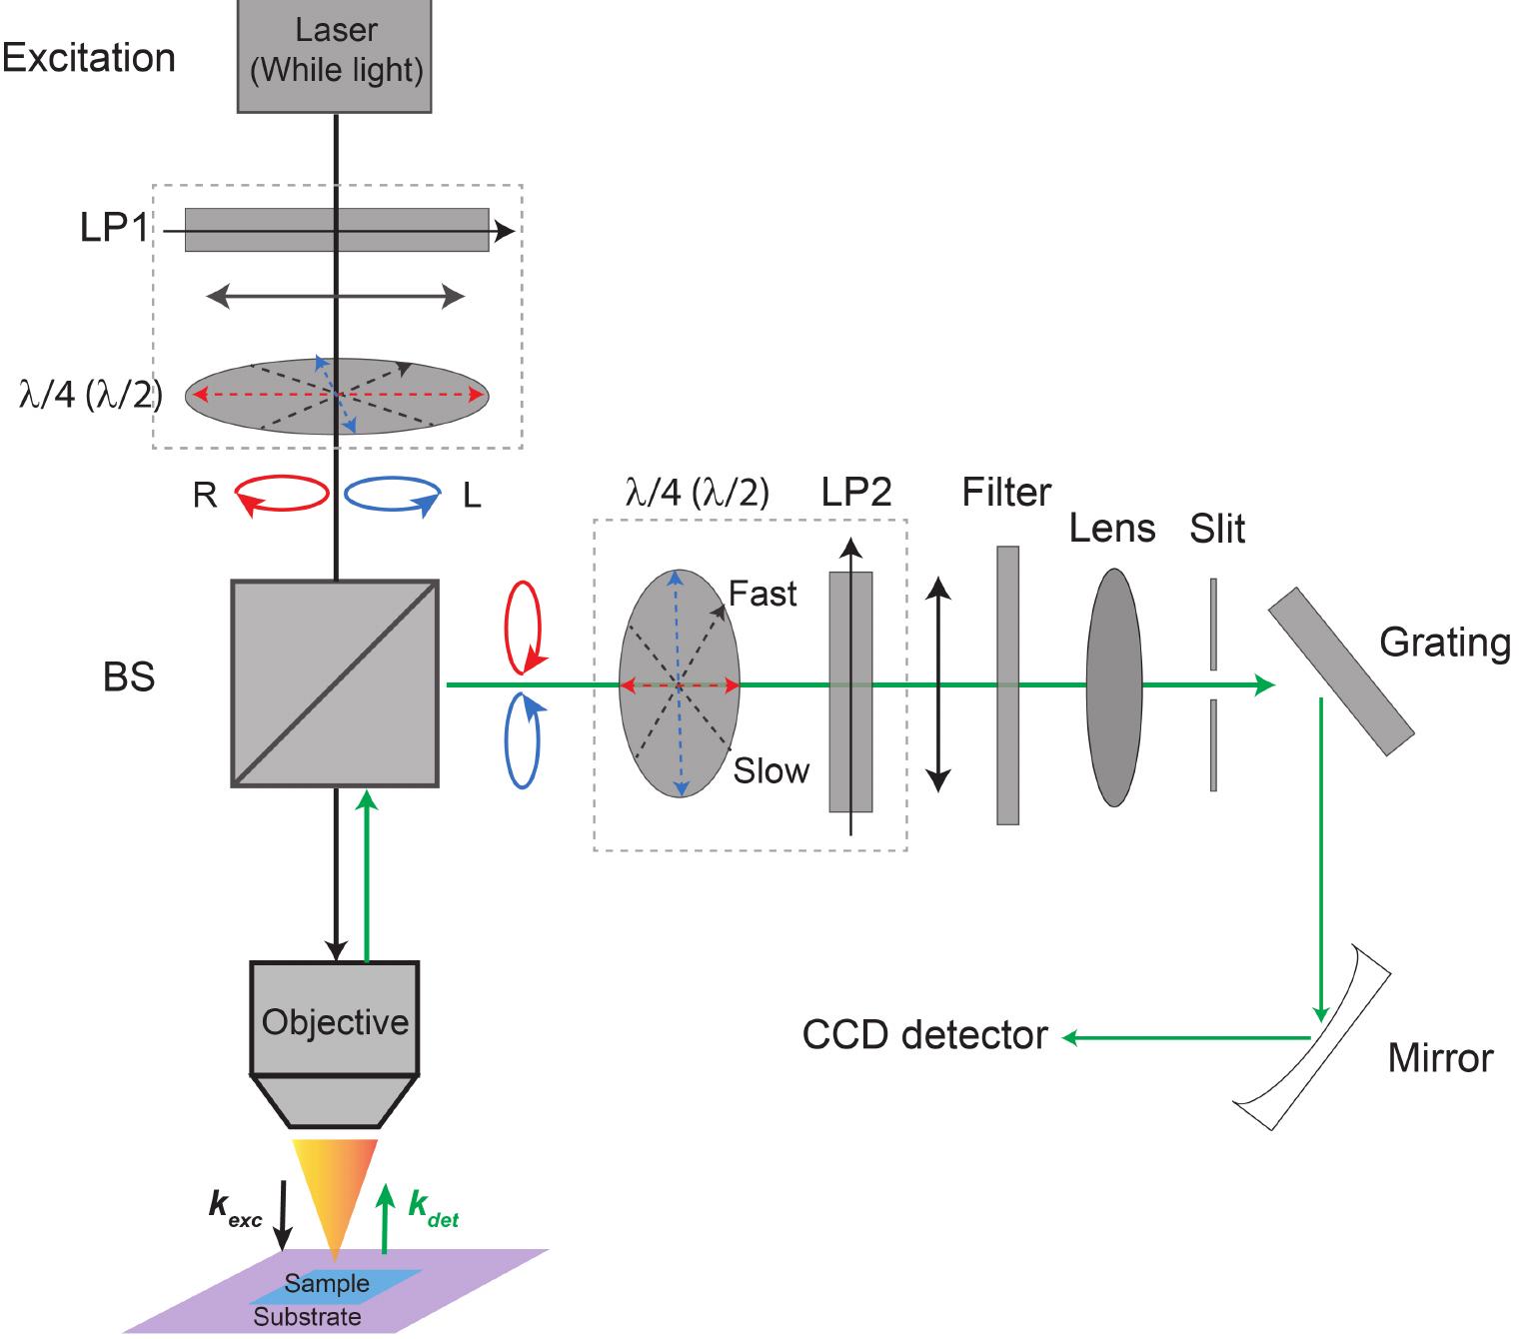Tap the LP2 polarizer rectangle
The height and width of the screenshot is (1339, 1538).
850,690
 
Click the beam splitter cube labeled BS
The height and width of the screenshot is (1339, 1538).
335,683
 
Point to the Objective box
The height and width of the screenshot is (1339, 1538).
335,1019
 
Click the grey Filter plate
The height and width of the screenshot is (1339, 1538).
1007,685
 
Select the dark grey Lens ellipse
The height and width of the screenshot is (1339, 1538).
1113,686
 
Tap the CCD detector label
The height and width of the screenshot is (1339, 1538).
924,1035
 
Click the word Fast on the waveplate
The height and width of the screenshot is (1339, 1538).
763,594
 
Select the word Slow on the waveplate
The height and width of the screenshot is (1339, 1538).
770,770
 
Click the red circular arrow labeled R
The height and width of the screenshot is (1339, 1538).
281,494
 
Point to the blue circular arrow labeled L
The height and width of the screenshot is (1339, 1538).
393,494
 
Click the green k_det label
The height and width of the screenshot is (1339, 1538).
434,1208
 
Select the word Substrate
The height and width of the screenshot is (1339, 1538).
307,1317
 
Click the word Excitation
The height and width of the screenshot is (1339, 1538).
88,58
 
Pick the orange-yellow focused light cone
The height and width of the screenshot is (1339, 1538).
335,1189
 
